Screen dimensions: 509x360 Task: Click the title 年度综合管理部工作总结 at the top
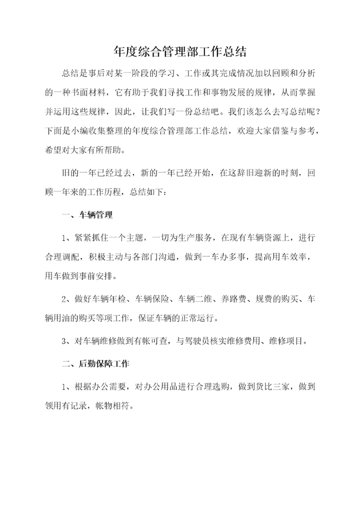coord(180,51)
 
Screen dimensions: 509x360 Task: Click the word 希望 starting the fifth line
coord(54,149)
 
